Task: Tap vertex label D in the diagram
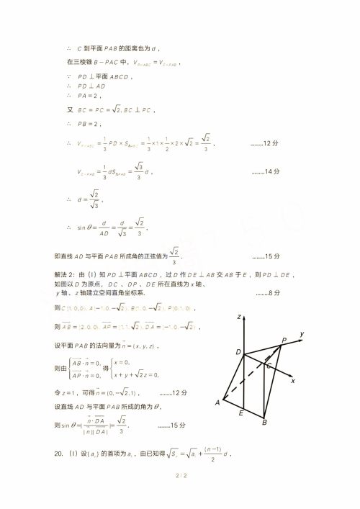238,351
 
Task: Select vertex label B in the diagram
264,423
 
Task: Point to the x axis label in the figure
293,380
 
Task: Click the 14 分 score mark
265,172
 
